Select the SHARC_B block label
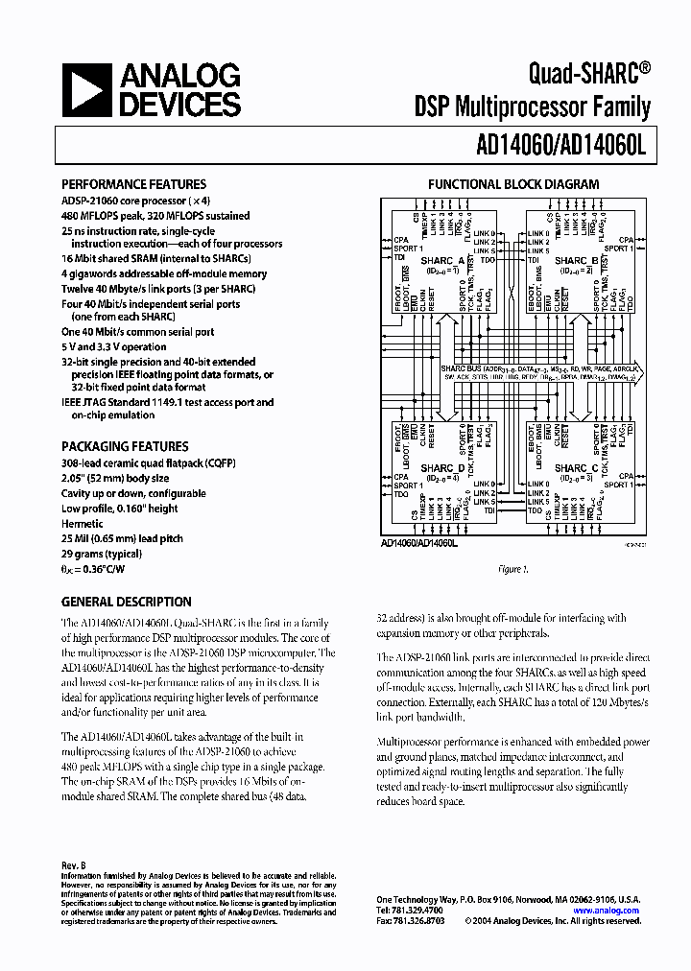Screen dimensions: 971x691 578,261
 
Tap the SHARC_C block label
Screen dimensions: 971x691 577,468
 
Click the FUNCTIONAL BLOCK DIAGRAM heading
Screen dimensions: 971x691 513,184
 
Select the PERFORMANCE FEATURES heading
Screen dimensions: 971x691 133,184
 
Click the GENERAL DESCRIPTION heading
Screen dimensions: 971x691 126,602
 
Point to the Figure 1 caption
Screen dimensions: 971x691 513,569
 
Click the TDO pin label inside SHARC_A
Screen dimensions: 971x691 488,261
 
